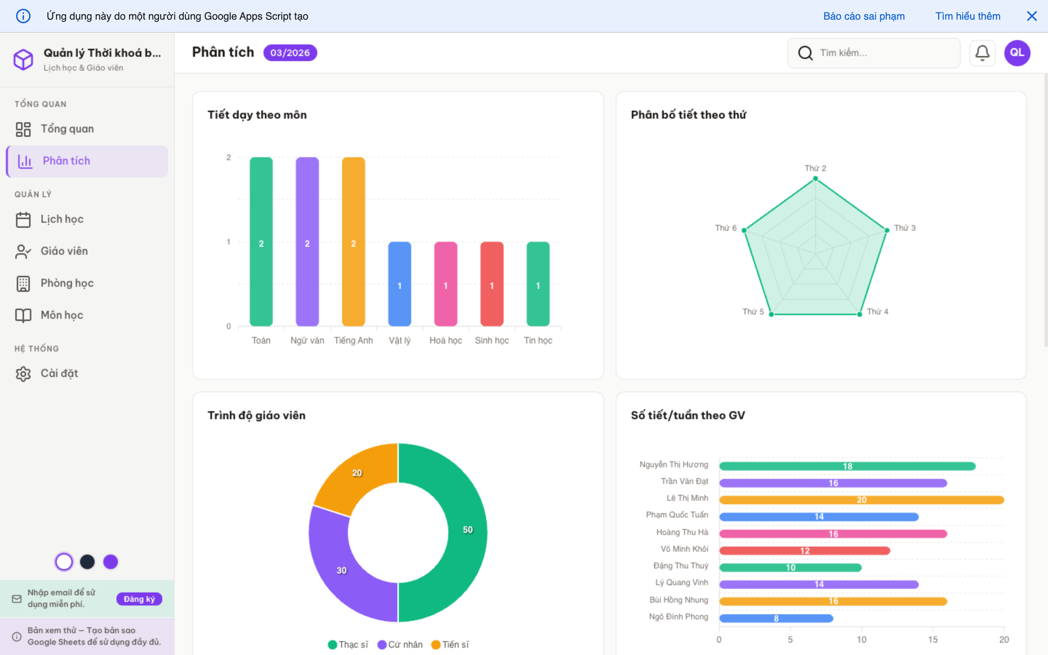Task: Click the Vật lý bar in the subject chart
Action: pyautogui.click(x=399, y=284)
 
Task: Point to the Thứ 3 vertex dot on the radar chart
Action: pyautogui.click(x=886, y=230)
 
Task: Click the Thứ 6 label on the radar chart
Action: pyautogui.click(x=725, y=228)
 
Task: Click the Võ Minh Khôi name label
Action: pyautogui.click(x=684, y=549)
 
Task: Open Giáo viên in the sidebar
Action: pyautogui.click(x=64, y=251)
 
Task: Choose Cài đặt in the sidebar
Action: pyautogui.click(x=59, y=373)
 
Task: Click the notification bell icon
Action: pyautogui.click(x=982, y=53)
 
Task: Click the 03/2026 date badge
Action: pyautogui.click(x=290, y=53)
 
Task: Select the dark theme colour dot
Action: pyautogui.click(x=87, y=562)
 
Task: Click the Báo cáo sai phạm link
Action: pyautogui.click(x=864, y=16)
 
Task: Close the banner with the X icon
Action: pyautogui.click(x=1032, y=16)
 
